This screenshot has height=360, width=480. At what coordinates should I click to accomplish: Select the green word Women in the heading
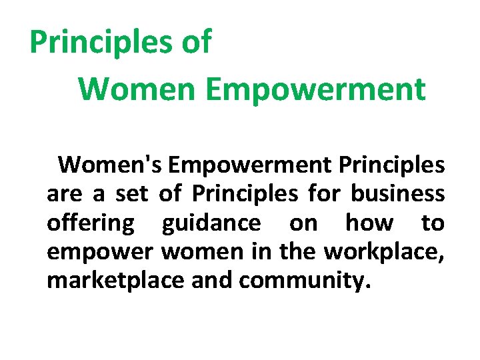137,89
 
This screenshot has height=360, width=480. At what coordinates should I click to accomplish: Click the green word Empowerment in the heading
315,89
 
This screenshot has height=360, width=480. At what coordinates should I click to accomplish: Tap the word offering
90,223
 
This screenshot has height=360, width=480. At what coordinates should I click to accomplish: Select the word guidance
211,223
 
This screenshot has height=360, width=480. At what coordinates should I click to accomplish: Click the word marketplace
116,281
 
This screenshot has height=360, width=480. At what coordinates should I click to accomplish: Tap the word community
303,281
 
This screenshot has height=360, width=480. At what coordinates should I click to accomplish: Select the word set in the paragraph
131,194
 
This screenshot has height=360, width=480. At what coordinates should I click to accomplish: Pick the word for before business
325,194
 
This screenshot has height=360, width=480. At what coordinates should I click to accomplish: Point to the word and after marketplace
212,281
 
